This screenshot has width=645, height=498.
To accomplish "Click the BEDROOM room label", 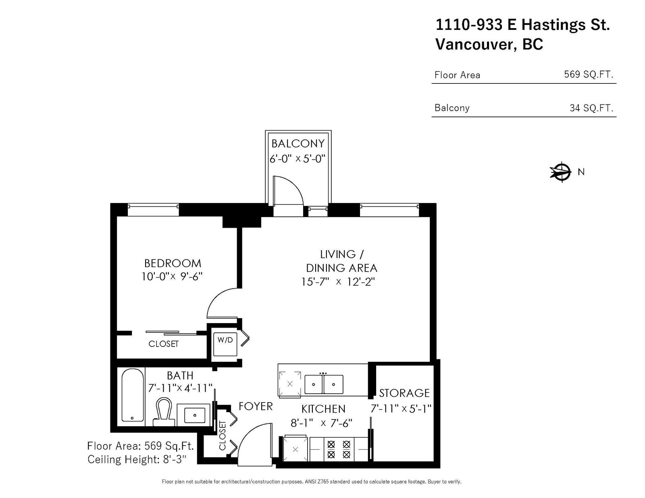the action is [x=173, y=263].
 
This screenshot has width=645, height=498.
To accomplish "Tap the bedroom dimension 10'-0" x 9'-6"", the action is [x=172, y=276].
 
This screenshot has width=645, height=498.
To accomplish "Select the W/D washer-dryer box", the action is [x=225, y=344].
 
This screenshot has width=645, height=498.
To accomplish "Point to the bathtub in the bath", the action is [x=133, y=395].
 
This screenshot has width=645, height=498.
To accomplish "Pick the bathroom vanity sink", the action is [x=195, y=415].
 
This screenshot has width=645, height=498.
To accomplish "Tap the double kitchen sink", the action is [x=324, y=384].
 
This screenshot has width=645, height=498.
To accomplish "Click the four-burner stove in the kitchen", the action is [x=339, y=449].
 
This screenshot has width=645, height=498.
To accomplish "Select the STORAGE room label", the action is [x=404, y=393].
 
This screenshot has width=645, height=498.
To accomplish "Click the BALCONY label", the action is [x=298, y=143].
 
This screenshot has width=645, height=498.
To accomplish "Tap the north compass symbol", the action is [x=561, y=172].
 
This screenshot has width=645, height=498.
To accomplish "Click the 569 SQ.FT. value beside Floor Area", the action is [x=589, y=74].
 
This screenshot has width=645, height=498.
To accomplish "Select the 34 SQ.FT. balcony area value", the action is [x=591, y=108].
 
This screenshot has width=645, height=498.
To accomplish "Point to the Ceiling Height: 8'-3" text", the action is [x=137, y=459].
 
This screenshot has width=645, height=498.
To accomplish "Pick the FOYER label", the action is [x=256, y=407].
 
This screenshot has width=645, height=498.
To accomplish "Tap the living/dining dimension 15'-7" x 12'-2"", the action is [x=338, y=282].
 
